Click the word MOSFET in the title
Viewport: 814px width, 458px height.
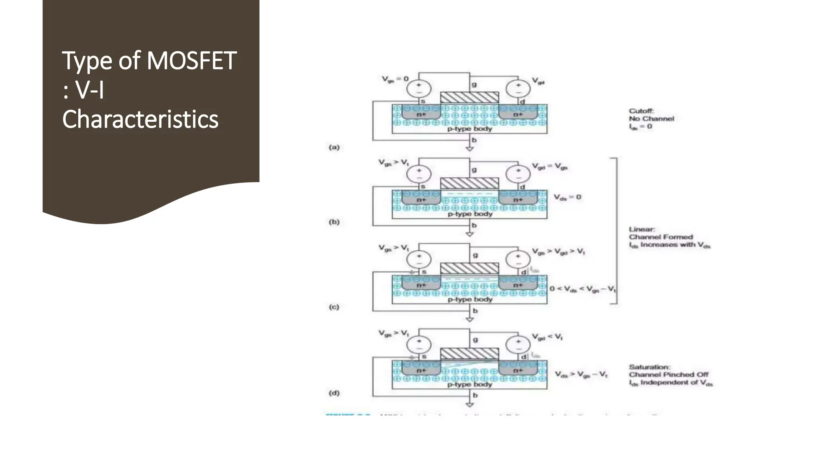pyautogui.click(x=192, y=61)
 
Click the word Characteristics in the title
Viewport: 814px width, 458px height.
pyautogui.click(x=140, y=119)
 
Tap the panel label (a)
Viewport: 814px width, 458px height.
pyautogui.click(x=334, y=147)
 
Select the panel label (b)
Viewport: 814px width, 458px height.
pyautogui.click(x=334, y=222)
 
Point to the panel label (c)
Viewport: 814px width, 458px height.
pyautogui.click(x=334, y=307)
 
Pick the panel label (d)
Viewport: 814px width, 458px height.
pyautogui.click(x=334, y=393)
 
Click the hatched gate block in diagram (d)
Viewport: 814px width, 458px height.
pyautogui.click(x=469, y=354)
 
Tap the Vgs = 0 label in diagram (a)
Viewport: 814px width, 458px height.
pyautogui.click(x=395, y=79)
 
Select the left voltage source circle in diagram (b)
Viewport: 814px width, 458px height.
pyautogui.click(x=419, y=174)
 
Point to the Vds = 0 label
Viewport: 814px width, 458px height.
pyautogui.click(x=568, y=197)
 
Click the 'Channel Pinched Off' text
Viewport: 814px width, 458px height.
pyautogui.click(x=668, y=375)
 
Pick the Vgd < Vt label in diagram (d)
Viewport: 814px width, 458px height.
pyautogui.click(x=547, y=337)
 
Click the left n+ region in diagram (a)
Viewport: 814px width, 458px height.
pyautogui.click(x=421, y=114)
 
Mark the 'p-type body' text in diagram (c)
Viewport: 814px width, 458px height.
pyautogui.click(x=470, y=299)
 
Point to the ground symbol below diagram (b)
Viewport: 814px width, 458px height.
pyautogui.click(x=469, y=234)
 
